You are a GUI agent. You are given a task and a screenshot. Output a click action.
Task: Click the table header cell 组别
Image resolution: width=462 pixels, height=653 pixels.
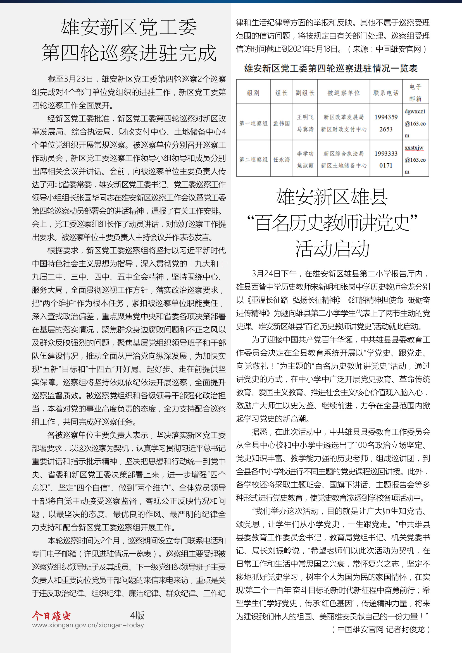(x=253, y=93)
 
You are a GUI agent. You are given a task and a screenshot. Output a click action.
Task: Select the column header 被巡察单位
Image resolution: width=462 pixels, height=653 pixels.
(x=343, y=93)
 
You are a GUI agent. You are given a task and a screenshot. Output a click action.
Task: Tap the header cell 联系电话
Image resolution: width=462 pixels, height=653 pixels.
(x=386, y=93)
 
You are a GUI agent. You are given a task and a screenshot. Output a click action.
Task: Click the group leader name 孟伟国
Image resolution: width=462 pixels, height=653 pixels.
(x=281, y=123)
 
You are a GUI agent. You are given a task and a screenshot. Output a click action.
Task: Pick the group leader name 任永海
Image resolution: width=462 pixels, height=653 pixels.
(x=281, y=160)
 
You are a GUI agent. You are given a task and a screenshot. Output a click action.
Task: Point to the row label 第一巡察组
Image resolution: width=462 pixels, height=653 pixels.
(x=253, y=123)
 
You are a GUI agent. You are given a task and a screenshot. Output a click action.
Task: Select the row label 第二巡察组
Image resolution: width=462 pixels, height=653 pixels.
(x=253, y=160)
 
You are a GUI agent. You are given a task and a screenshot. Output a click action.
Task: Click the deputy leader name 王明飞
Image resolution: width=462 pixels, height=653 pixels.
(x=305, y=117)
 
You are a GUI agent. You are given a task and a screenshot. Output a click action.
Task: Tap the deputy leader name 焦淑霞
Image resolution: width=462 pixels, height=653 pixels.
(x=305, y=165)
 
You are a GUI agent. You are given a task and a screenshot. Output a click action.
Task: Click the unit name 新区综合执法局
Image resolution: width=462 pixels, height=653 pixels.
(x=343, y=154)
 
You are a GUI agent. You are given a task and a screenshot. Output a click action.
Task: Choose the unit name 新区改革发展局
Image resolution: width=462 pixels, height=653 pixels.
(x=343, y=117)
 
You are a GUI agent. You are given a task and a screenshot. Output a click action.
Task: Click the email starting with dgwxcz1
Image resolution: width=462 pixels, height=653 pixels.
(x=415, y=123)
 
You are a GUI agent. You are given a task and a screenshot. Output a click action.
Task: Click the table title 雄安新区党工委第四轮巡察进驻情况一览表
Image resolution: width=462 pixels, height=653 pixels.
(x=330, y=68)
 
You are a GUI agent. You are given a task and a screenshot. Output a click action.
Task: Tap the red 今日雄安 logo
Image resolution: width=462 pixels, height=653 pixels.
(x=51, y=616)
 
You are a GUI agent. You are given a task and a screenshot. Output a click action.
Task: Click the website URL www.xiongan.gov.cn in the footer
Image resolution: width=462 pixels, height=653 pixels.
(x=88, y=625)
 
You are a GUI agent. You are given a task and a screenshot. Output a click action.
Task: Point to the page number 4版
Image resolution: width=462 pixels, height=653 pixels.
(x=137, y=616)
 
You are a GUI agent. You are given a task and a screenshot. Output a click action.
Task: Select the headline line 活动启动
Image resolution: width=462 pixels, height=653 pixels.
(x=332, y=248)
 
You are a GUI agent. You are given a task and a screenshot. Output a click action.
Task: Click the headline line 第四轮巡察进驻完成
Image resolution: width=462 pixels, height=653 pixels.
(x=129, y=53)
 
